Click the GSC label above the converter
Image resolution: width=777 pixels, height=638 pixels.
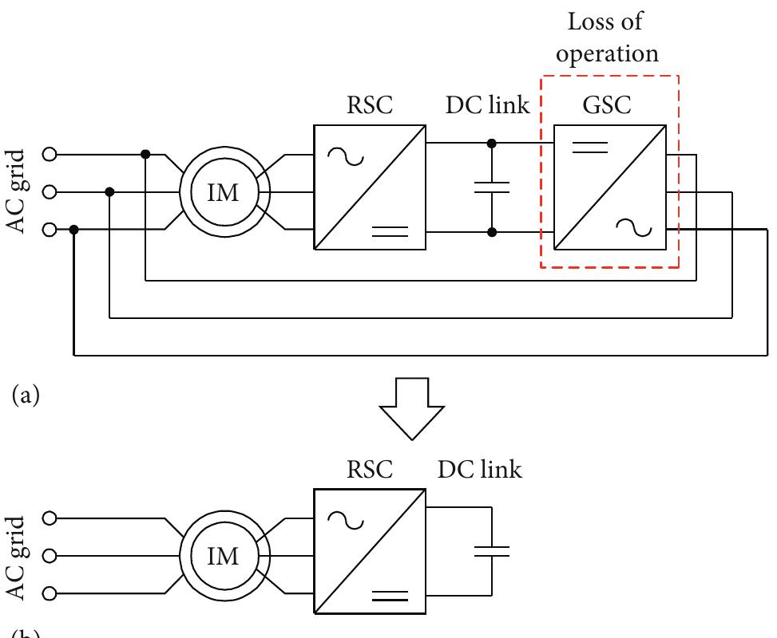[x=609, y=106]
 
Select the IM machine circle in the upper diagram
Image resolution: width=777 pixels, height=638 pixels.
[x=223, y=192]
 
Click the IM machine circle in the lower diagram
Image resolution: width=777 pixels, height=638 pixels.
[x=223, y=555]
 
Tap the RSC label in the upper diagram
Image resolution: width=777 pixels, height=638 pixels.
[x=370, y=106]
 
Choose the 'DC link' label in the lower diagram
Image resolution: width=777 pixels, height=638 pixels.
[x=480, y=470]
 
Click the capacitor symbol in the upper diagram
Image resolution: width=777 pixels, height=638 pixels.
[x=490, y=187]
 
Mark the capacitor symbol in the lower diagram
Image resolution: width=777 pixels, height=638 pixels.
[x=490, y=550]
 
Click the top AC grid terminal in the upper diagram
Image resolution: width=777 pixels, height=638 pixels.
[x=48, y=154]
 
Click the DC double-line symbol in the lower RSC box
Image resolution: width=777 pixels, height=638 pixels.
[x=390, y=596]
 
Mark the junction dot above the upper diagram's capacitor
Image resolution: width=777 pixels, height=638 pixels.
[x=490, y=144]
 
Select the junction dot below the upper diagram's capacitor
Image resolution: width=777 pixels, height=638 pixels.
[x=490, y=232]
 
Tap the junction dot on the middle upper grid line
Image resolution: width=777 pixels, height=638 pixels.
[x=109, y=191]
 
